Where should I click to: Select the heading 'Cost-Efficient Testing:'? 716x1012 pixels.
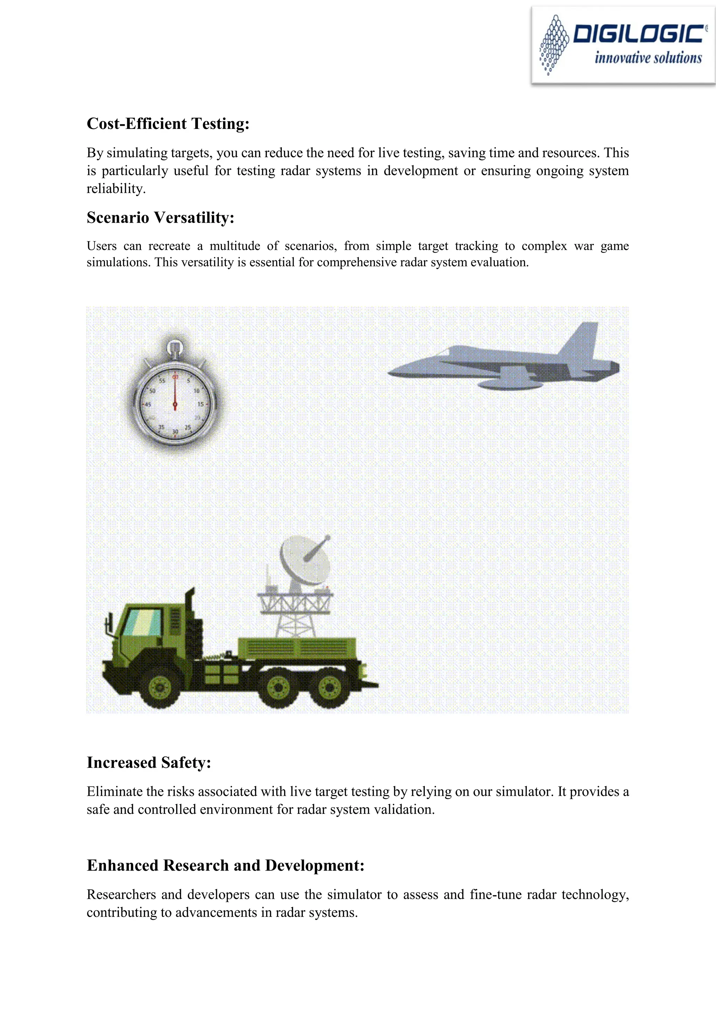168,124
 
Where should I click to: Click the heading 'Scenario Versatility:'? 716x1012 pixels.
160,218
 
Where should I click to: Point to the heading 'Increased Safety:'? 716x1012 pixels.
149,762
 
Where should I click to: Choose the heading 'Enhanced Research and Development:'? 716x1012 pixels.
225,865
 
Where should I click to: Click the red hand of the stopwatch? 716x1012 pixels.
175,392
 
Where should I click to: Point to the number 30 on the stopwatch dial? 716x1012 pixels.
175,432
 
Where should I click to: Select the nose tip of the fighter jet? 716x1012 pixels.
390,373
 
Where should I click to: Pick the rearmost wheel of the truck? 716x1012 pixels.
330,686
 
